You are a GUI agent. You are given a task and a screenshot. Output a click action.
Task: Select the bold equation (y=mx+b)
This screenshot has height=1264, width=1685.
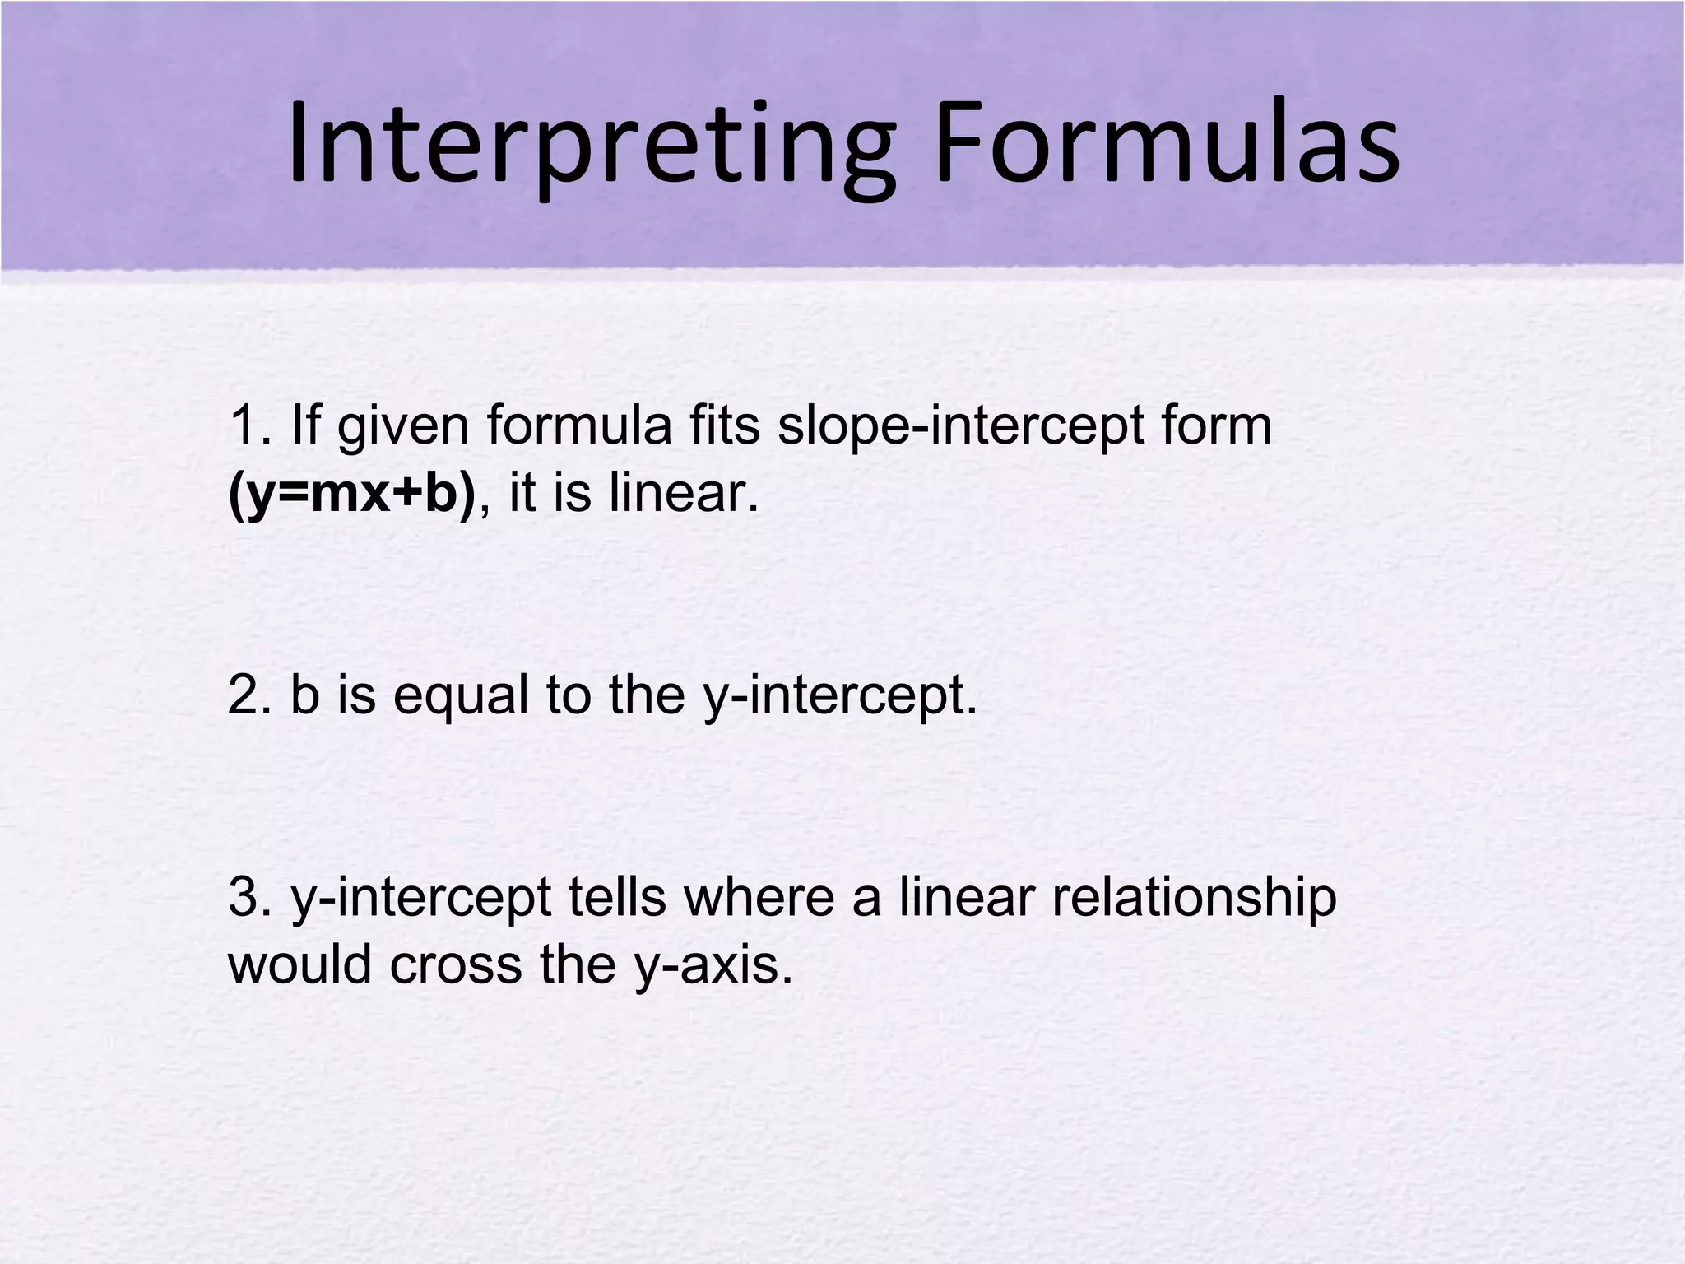point(351,494)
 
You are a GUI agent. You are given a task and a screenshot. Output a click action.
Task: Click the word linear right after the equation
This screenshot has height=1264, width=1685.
point(683,494)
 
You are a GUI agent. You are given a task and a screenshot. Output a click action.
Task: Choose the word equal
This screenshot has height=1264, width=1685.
point(460,696)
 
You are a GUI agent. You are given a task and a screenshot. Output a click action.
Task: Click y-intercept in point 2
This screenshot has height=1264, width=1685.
point(839,696)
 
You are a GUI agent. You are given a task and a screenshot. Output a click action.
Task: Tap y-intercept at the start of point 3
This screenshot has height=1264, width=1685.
point(420,899)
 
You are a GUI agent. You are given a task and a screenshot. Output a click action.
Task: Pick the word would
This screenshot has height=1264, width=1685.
point(299,964)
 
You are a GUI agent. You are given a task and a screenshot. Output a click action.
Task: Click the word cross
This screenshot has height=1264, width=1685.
point(455,964)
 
